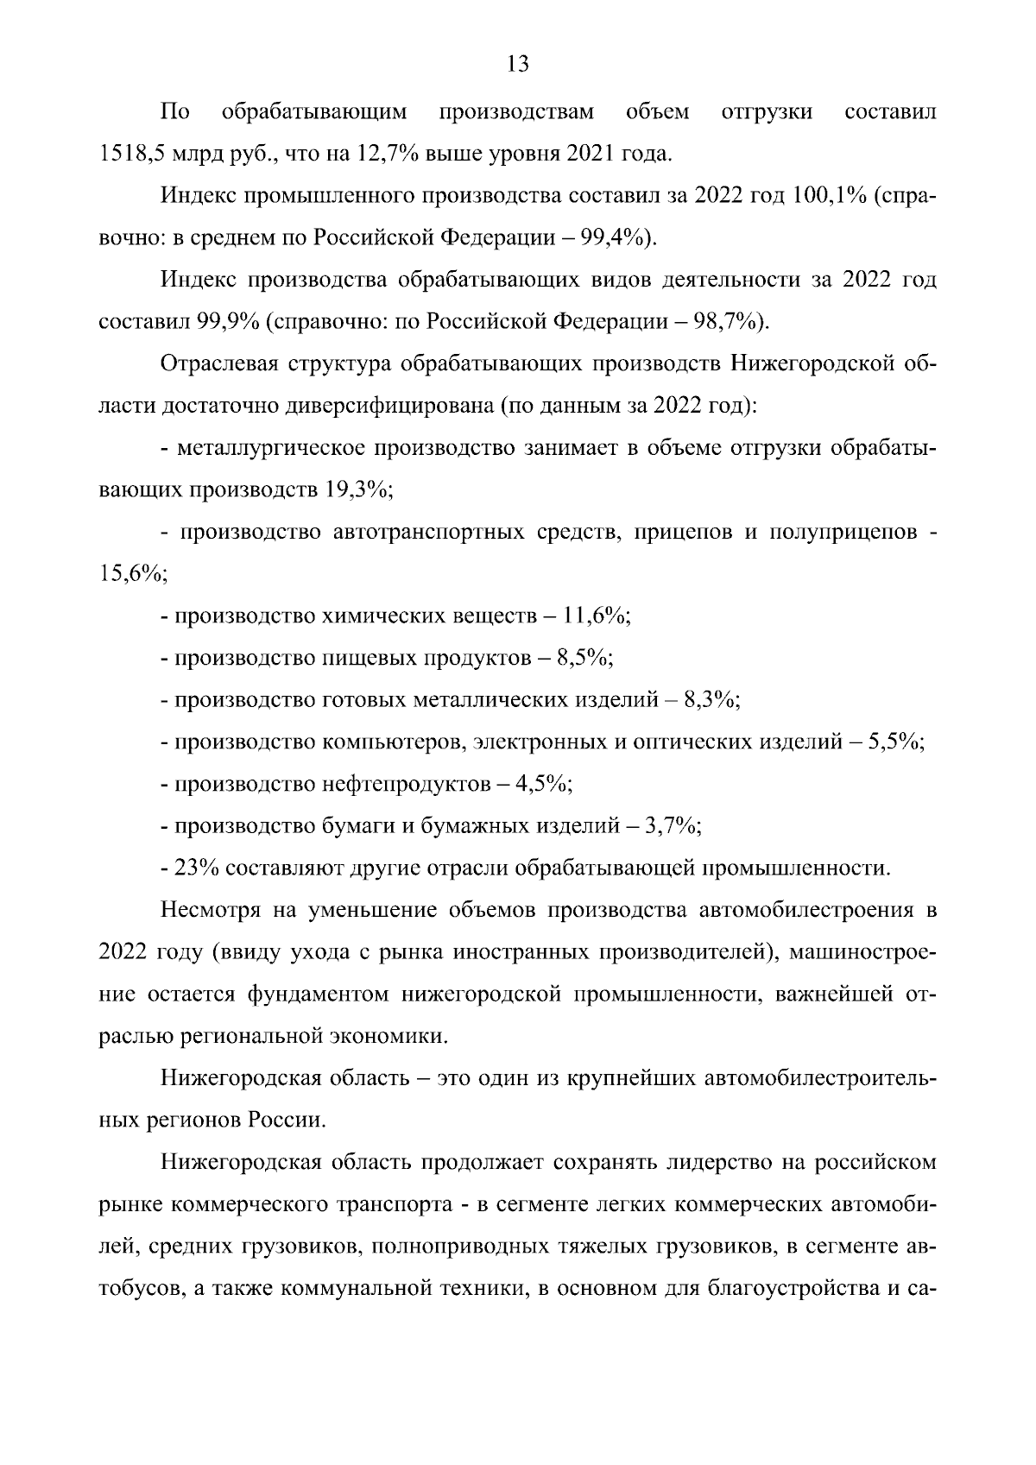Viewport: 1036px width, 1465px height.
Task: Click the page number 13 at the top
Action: [518, 65]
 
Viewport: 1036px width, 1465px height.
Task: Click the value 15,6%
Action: [132, 574]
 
